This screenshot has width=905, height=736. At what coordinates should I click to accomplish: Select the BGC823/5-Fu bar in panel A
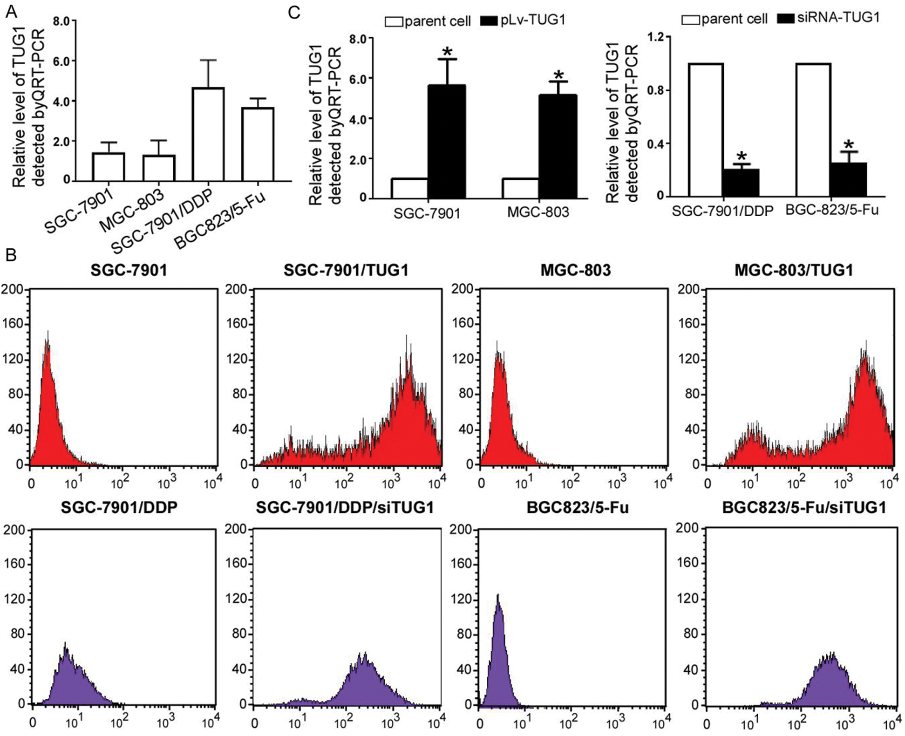pyautogui.click(x=258, y=144)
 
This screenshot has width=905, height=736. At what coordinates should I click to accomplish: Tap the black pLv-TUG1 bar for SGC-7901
pyautogui.click(x=447, y=142)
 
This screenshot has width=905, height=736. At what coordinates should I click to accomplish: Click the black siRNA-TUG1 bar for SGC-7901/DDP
pyautogui.click(x=741, y=182)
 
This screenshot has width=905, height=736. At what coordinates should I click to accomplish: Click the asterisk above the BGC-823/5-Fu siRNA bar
pyautogui.click(x=849, y=145)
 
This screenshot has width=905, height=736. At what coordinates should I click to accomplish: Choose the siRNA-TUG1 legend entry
pyautogui.click(x=829, y=18)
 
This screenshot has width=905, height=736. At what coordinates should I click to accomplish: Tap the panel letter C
pyautogui.click(x=294, y=13)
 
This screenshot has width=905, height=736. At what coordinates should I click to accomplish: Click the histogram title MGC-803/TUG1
pyautogui.click(x=794, y=271)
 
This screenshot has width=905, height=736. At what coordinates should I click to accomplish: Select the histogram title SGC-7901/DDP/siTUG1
pyautogui.click(x=345, y=507)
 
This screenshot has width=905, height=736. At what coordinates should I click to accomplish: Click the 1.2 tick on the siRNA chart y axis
pyautogui.click(x=655, y=37)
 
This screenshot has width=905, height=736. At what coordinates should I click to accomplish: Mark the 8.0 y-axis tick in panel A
pyautogui.click(x=61, y=21)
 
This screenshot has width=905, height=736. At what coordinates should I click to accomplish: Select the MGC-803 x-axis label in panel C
pyautogui.click(x=538, y=213)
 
